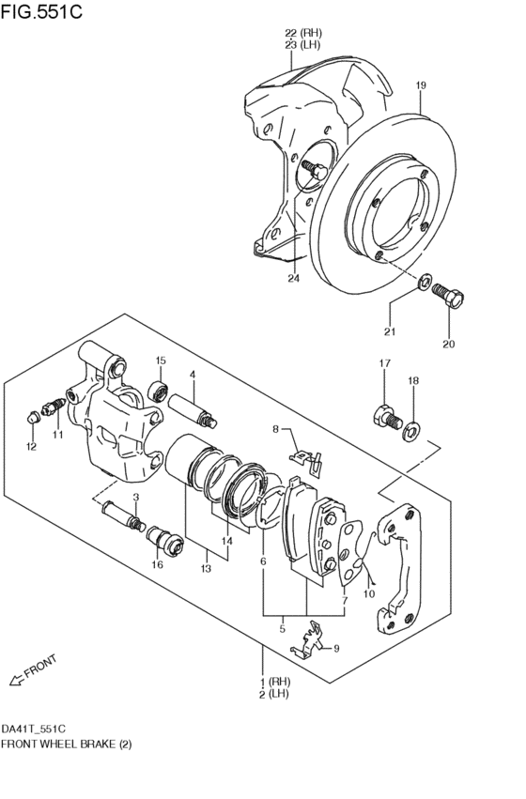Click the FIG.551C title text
tap(41, 11)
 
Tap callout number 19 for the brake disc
tap(420, 85)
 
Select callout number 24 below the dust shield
tap(293, 278)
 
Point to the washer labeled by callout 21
tap(425, 282)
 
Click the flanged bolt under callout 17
tap(387, 416)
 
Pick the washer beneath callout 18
tap(411, 432)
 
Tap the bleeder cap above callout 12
tap(33, 417)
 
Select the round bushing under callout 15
tap(158, 392)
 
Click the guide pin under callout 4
tap(193, 410)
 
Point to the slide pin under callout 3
tap(123, 516)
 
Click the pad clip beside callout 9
tap(308, 640)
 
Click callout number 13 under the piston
tap(206, 569)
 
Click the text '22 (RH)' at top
tap(303, 33)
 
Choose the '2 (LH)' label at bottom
tap(274, 694)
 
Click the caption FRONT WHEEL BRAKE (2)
tap(67, 744)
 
